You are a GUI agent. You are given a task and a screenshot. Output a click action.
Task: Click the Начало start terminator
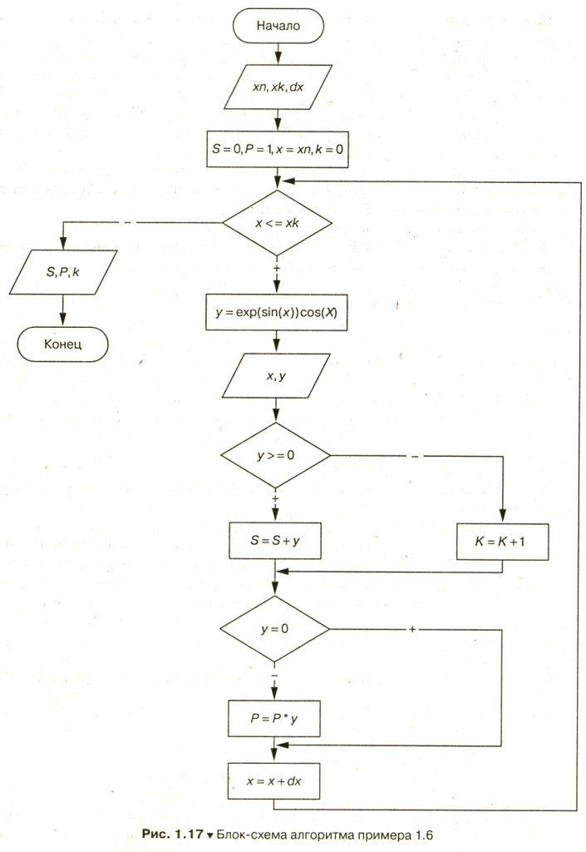point(278,26)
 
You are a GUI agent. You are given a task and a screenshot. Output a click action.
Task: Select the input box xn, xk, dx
point(278,87)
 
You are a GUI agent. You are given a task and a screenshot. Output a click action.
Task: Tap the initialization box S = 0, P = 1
point(278,149)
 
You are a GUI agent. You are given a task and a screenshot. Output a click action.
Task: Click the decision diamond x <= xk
point(278,223)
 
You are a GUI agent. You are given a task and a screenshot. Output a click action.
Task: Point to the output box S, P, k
point(63,272)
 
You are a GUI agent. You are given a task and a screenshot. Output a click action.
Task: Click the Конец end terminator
point(63,344)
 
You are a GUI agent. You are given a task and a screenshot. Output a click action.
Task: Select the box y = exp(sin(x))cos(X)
point(276,313)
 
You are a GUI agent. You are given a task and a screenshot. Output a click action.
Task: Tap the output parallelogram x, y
point(276,376)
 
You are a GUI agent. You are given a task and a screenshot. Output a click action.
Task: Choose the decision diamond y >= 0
point(276,455)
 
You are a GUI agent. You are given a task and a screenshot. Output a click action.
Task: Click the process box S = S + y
point(274,541)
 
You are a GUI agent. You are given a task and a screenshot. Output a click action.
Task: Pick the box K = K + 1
point(502,541)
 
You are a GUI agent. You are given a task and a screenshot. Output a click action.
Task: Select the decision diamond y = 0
point(274,629)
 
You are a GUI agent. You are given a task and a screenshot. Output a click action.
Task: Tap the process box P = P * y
point(274,718)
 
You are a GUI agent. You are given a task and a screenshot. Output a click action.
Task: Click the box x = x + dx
point(273,781)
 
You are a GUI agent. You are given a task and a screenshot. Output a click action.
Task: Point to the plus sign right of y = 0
point(412,629)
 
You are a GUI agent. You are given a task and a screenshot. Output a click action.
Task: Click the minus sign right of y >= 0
point(415,457)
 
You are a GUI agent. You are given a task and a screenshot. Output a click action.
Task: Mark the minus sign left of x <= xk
point(127,222)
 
